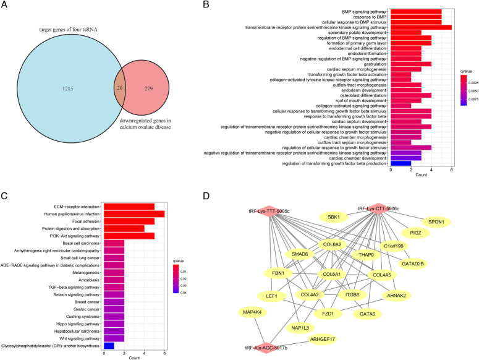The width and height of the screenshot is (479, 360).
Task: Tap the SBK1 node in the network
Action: click(334, 217)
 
